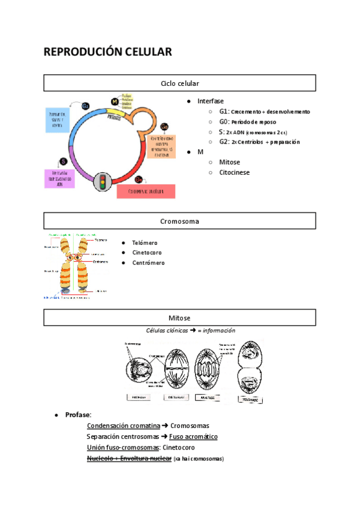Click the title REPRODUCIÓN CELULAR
point(107,52)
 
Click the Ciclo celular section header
point(180,83)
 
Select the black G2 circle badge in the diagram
point(86,106)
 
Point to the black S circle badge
point(63,161)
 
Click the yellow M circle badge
point(115,101)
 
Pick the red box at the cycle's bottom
point(146,191)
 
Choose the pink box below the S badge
point(60,178)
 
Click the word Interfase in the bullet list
point(210,101)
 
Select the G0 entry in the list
point(223,122)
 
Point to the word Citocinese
point(235,172)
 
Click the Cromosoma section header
point(180,221)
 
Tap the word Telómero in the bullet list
point(145,242)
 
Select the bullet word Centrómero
point(148,262)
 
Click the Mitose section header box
point(180,318)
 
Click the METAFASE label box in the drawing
point(176,397)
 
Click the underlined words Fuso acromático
point(193,436)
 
